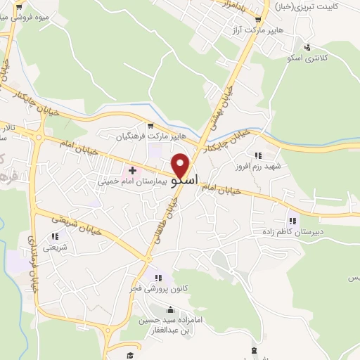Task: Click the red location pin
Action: tap(181, 165)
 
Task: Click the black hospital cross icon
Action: tap(132, 170)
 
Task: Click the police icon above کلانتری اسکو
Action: tap(307, 46)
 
